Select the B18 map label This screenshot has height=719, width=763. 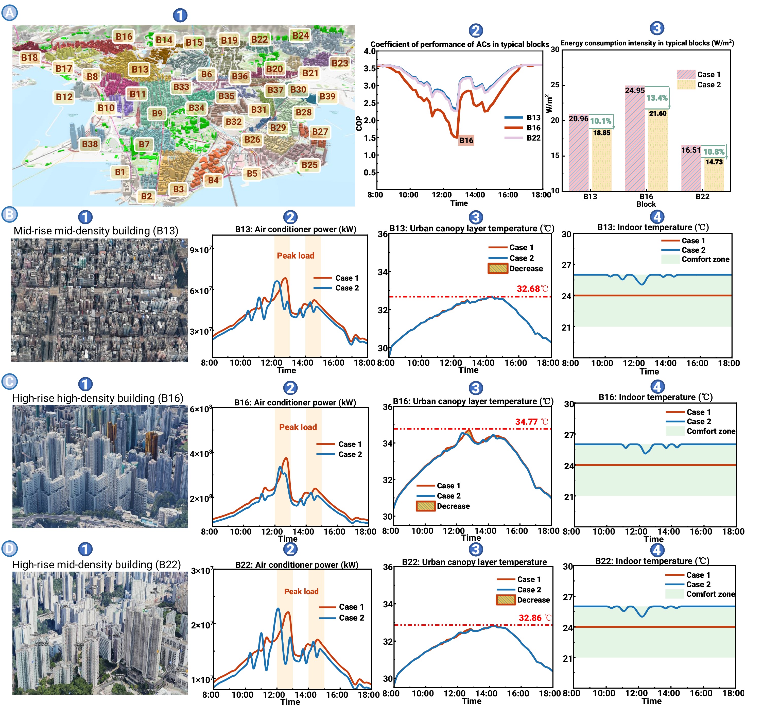tap(30, 58)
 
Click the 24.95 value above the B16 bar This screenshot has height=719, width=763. tap(635, 91)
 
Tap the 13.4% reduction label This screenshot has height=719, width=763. tap(657, 98)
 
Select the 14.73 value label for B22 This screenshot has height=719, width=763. tap(714, 162)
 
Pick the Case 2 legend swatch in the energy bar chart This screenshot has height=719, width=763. tap(686, 84)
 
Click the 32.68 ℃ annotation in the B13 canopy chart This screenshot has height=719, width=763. tap(532, 289)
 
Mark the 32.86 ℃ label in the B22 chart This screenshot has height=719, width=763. tap(535, 618)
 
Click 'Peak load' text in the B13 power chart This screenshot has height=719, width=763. tap(296, 256)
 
